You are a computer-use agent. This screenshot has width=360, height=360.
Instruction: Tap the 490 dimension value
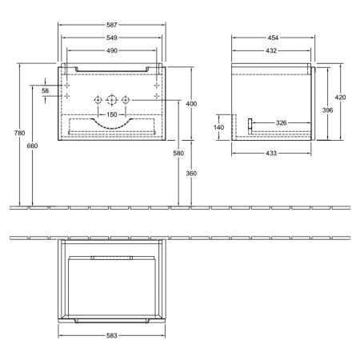(112, 50)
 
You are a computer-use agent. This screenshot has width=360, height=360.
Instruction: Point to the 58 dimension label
(46, 90)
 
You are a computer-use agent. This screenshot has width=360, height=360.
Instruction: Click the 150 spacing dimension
(112, 114)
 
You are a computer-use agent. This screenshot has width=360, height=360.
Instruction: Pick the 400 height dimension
(191, 104)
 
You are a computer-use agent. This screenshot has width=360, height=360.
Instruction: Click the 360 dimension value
(191, 174)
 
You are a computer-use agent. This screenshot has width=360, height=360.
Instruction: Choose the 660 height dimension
(33, 146)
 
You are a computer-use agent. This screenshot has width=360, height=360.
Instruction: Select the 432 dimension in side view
(271, 50)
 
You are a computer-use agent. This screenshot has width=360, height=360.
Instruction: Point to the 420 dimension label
(341, 97)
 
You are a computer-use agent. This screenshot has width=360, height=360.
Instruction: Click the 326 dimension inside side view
(281, 122)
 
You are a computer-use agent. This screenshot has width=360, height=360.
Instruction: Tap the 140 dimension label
(219, 127)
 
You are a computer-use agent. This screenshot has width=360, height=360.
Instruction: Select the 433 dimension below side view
(271, 153)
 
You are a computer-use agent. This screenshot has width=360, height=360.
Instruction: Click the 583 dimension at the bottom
(112, 335)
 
